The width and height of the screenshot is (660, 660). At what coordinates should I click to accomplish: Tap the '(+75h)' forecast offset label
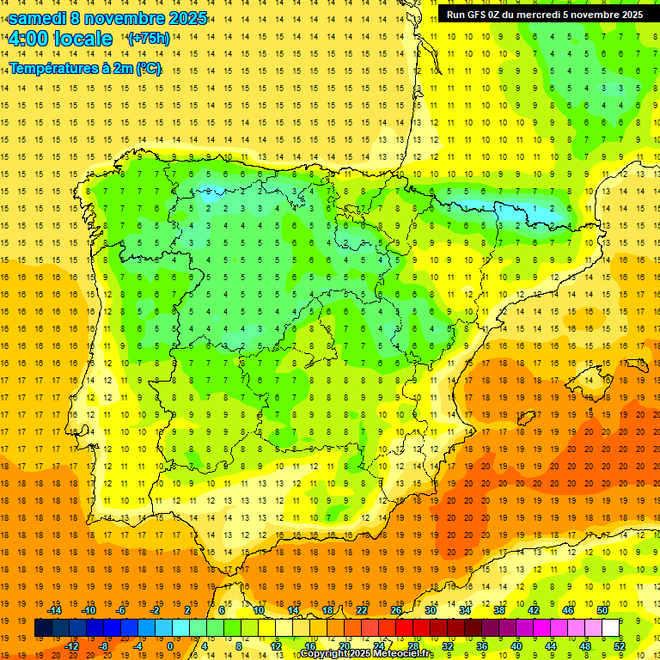pyautogui.click(x=149, y=39)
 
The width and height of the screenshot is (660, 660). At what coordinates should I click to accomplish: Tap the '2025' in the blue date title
pyautogui.click(x=186, y=17)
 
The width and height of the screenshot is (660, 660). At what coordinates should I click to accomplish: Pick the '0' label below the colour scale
pyautogui.click(x=169, y=646)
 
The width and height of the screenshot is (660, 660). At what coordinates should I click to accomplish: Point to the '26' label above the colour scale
pyautogui.click(x=396, y=610)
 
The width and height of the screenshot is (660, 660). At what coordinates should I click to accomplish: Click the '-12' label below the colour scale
pyautogui.click(x=72, y=646)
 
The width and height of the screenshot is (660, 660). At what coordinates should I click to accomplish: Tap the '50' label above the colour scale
pyautogui.click(x=602, y=610)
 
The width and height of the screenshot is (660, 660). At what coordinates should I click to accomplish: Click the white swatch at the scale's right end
pyautogui.click(x=610, y=628)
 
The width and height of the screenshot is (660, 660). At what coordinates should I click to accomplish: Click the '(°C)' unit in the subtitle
pyautogui.click(x=148, y=69)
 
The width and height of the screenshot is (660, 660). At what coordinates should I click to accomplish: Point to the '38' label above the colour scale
pyautogui.click(x=499, y=610)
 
